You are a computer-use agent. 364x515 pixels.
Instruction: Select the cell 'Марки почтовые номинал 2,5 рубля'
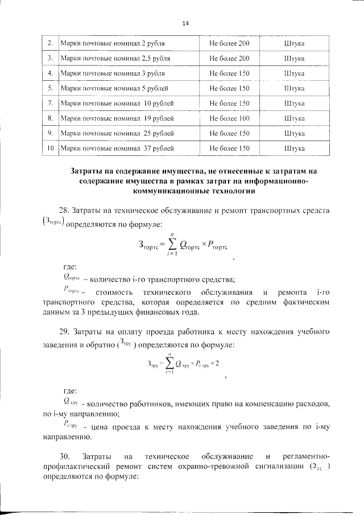115,58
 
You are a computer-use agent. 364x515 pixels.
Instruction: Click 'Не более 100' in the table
229,118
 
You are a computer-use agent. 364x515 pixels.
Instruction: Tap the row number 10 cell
51,148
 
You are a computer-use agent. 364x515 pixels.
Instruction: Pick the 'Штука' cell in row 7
293,103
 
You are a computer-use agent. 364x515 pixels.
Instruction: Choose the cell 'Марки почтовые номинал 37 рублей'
117,148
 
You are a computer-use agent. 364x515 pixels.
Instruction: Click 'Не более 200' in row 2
229,43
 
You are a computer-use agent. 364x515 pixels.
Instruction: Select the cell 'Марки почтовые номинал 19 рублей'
117,118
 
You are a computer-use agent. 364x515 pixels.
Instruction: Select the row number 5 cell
51,88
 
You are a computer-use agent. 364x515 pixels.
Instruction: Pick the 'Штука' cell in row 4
293,73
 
